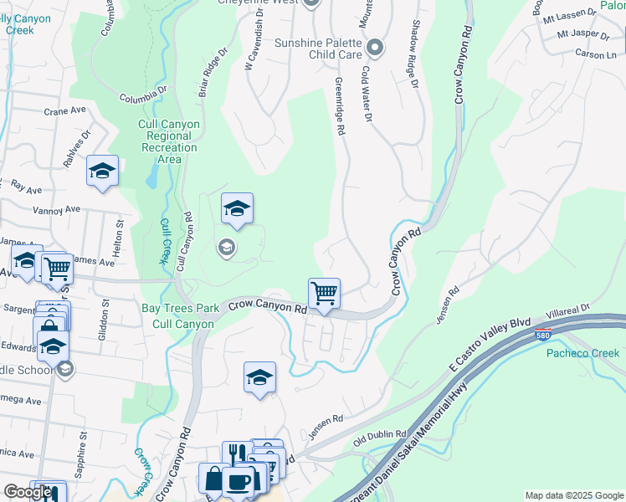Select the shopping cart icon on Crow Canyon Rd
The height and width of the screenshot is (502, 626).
[324, 294]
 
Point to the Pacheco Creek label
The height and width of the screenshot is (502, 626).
[583, 353]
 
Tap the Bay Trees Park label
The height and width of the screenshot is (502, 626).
[180, 308]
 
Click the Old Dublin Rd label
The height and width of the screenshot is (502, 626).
[380, 438]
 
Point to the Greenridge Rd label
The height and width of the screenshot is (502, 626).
[341, 108]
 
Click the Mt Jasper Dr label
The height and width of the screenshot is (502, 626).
[582, 35]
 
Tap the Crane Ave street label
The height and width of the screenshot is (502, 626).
[65, 110]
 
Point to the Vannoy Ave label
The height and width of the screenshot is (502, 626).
[56, 209]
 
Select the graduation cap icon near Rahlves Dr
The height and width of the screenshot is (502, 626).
[102, 172]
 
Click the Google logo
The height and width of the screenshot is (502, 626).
[28, 492]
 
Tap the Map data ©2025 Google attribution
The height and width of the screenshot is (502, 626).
[573, 495]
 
